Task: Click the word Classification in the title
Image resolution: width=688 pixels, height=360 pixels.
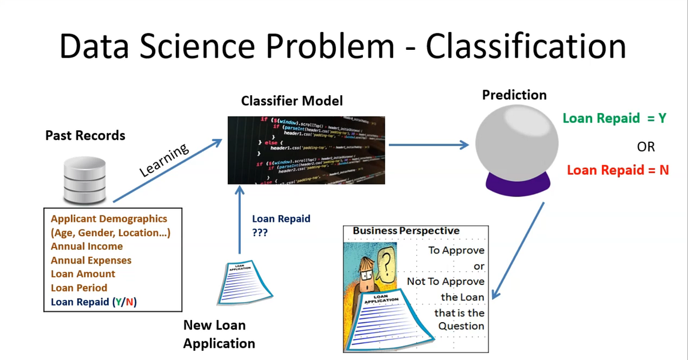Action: pyautogui.click(x=525, y=46)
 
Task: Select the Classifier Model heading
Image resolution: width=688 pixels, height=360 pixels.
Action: pyautogui.click(x=292, y=101)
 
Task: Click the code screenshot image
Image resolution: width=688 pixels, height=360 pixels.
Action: pyautogui.click(x=306, y=150)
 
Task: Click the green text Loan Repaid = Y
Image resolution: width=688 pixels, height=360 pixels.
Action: pyautogui.click(x=614, y=118)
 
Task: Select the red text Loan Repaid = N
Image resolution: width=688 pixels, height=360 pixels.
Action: pyautogui.click(x=617, y=170)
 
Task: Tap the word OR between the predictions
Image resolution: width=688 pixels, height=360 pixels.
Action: pyautogui.click(x=646, y=147)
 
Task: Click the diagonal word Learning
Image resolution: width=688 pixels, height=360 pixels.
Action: pyautogui.click(x=165, y=160)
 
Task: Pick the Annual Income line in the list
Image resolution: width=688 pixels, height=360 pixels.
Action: pyautogui.click(x=87, y=246)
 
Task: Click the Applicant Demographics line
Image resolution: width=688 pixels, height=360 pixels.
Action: pyautogui.click(x=109, y=219)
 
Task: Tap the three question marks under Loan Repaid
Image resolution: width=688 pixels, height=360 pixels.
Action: pyautogui.click(x=260, y=233)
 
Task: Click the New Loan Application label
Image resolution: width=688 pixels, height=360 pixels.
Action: pyautogui.click(x=219, y=334)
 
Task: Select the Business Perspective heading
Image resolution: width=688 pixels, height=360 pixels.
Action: pyautogui.click(x=406, y=231)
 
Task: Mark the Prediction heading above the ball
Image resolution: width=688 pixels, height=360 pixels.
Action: pyautogui.click(x=514, y=95)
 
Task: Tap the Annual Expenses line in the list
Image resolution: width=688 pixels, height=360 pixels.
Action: pyautogui.click(x=91, y=260)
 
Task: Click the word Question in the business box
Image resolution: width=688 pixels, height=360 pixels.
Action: pyautogui.click(x=462, y=326)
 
